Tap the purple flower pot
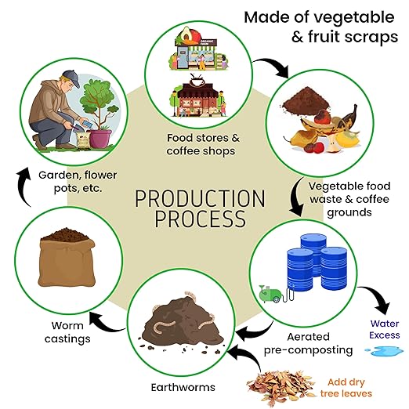[x=100, y=139]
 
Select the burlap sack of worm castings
[x=67, y=258]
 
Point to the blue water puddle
[x=384, y=351]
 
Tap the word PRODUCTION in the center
[x=200, y=199]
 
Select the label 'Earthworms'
[x=183, y=387]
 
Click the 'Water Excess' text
[x=385, y=329]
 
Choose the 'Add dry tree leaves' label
[x=346, y=388]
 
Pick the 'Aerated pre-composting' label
[x=308, y=344]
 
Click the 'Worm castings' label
[x=67, y=332]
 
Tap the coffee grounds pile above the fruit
[x=306, y=100]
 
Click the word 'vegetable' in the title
[x=354, y=18]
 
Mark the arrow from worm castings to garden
[x=21, y=186]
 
